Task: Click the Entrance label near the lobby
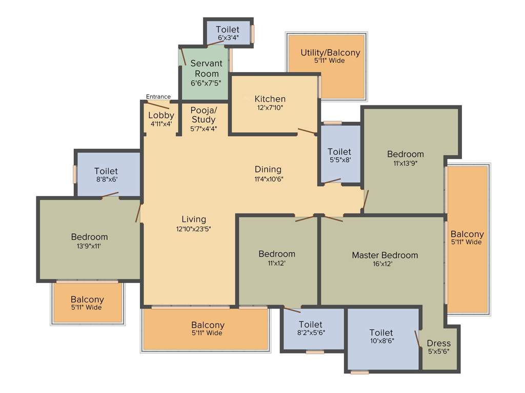tap(158, 97)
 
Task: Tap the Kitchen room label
tap(270, 99)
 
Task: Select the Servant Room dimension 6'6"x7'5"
tap(206, 83)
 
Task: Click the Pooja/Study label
tap(204, 115)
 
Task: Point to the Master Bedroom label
tap(385, 255)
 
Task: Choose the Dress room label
tap(439, 343)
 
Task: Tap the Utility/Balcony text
tap(330, 53)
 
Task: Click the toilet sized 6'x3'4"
tap(228, 33)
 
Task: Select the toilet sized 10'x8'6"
tap(381, 337)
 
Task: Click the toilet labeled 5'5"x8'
tap(339, 156)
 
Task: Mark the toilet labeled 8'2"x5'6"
tap(311, 328)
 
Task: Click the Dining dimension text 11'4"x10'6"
tap(268, 179)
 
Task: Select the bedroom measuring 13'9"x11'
tap(89, 241)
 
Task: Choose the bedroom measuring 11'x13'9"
tap(405, 158)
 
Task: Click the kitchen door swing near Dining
tap(307, 132)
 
